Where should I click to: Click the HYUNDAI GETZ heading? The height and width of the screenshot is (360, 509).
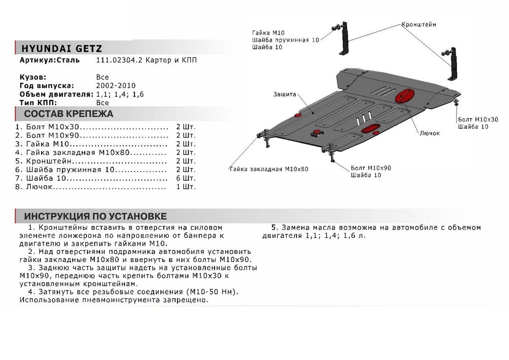pos(62,48)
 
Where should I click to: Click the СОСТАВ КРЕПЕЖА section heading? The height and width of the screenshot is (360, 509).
pos(68,114)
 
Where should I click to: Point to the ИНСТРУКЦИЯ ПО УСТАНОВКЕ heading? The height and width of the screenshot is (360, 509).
pos(95,216)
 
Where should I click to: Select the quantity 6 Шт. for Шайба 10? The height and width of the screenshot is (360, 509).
pos(185,178)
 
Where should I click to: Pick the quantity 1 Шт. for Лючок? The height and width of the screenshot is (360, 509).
pos(185,187)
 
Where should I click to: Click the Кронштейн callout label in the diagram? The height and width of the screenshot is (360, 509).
pos(419,25)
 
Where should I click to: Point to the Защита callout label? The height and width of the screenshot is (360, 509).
pos(284,94)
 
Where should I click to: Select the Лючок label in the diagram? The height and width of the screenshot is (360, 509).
pos(429,133)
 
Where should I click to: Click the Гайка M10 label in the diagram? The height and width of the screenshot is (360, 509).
pos(268,33)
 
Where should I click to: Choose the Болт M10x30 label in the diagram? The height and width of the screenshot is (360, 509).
pos(477,119)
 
